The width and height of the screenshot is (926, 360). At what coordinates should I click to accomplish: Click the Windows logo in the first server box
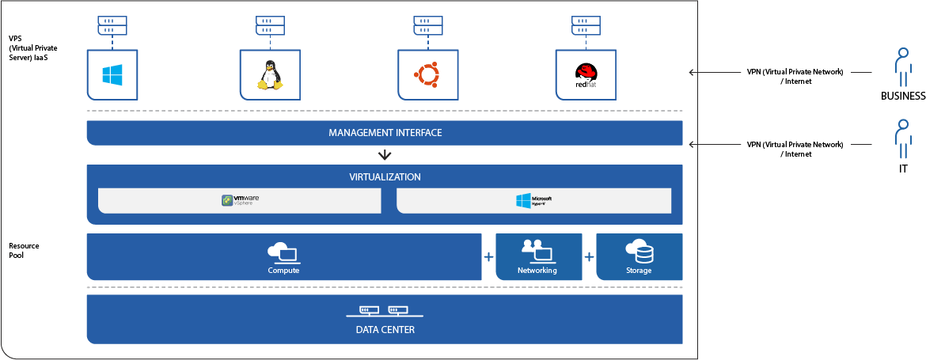112,75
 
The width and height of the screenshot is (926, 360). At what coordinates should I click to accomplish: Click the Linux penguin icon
269,75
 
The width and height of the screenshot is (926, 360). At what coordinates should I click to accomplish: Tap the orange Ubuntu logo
426,75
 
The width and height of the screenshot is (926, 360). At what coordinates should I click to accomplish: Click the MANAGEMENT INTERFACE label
385,133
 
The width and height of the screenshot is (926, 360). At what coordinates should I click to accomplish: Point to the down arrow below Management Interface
385,155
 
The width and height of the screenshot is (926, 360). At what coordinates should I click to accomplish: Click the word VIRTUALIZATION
385,177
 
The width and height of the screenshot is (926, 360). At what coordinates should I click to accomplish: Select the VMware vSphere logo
240,201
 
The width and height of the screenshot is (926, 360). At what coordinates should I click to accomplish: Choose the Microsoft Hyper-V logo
533,201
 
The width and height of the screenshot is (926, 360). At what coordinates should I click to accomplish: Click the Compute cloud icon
283,252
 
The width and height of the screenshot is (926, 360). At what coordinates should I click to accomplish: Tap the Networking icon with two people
537,250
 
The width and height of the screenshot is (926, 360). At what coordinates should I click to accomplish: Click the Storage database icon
639,252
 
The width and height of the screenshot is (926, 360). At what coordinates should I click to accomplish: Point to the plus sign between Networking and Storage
589,257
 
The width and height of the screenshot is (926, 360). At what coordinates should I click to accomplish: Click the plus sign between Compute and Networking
488,257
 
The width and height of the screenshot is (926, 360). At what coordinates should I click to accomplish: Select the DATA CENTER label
385,330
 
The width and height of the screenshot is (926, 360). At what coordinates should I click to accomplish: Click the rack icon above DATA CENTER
384,312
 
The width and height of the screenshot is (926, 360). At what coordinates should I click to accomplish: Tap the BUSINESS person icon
901,66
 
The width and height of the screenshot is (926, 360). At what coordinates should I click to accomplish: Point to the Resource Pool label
24,251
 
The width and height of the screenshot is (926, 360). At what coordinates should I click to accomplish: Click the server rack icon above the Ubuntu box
426,25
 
